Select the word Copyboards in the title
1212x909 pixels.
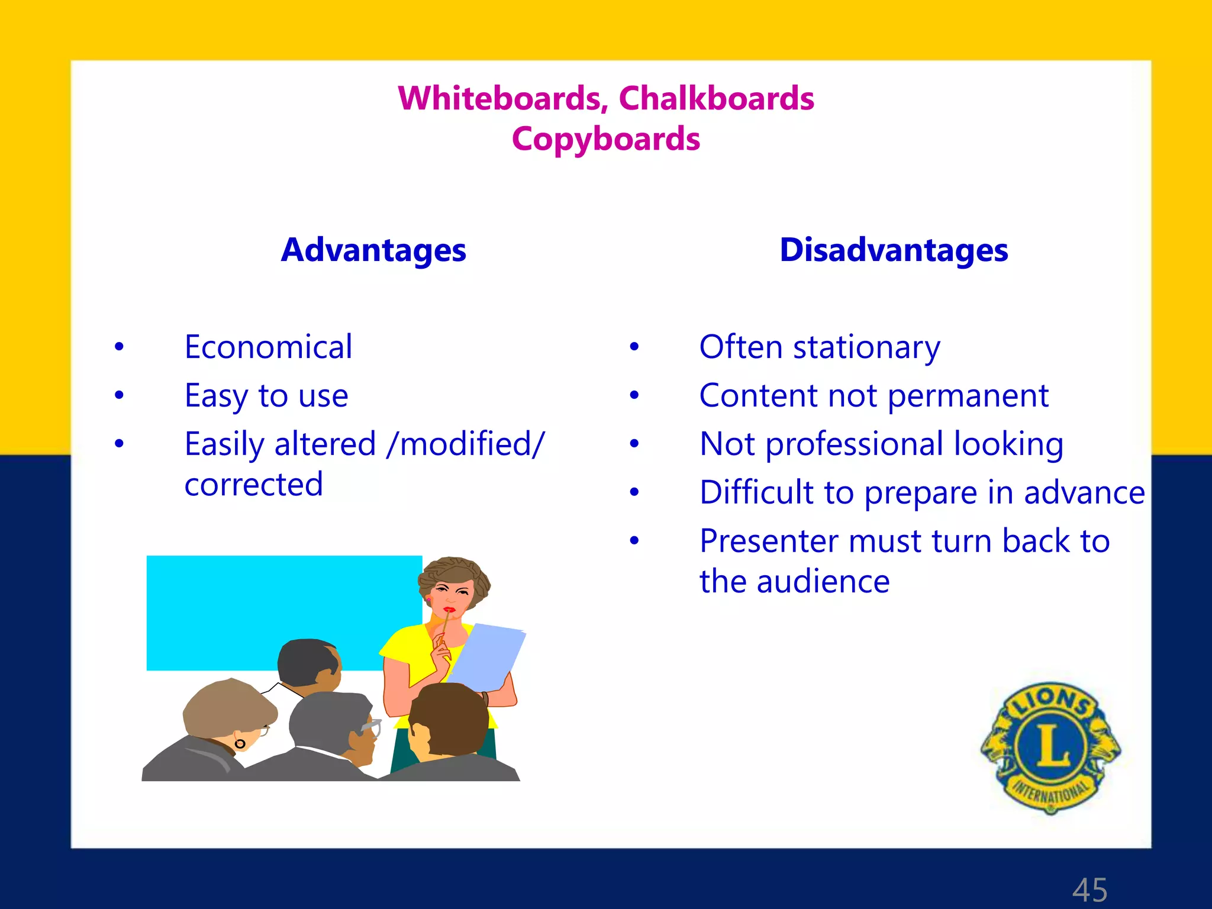605,140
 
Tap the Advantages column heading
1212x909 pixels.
373,250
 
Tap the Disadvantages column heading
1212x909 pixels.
894,250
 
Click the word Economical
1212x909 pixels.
268,347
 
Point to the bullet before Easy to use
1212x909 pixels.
120,395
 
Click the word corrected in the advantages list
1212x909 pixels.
253,485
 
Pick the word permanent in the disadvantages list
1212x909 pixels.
968,397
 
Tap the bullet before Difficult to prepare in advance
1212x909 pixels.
634,492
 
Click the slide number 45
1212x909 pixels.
1089,889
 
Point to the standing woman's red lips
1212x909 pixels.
449,610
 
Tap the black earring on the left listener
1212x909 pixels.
240,743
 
